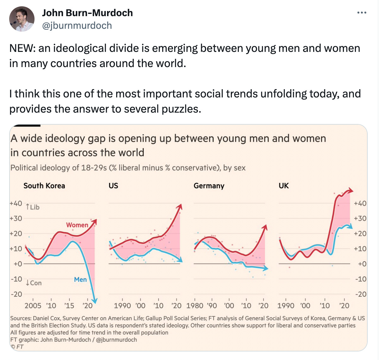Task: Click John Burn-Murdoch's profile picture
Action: pyautogui.click(x=22, y=19)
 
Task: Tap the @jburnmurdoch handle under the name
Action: pyautogui.click(x=77, y=26)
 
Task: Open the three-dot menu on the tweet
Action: pyautogui.click(x=362, y=13)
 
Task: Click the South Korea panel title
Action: pyautogui.click(x=44, y=186)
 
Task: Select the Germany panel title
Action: pyautogui.click(x=209, y=186)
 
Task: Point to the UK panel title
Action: pyautogui.click(x=283, y=186)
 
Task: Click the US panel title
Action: pyautogui.click(x=113, y=186)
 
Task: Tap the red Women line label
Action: pyautogui.click(x=77, y=225)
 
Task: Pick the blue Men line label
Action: pyautogui.click(x=80, y=279)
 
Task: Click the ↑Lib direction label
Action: pyautogui.click(x=33, y=207)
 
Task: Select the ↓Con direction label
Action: pyautogui.click(x=34, y=283)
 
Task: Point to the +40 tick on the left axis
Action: pyautogui.click(x=16, y=203)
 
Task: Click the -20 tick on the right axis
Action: pyautogui.click(x=361, y=294)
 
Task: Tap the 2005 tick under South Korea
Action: pyautogui.click(x=33, y=306)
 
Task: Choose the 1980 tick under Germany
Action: pyautogui.click(x=195, y=306)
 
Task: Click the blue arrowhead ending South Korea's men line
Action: pyautogui.click(x=94, y=301)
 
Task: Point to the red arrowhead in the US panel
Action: pyautogui.click(x=180, y=207)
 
